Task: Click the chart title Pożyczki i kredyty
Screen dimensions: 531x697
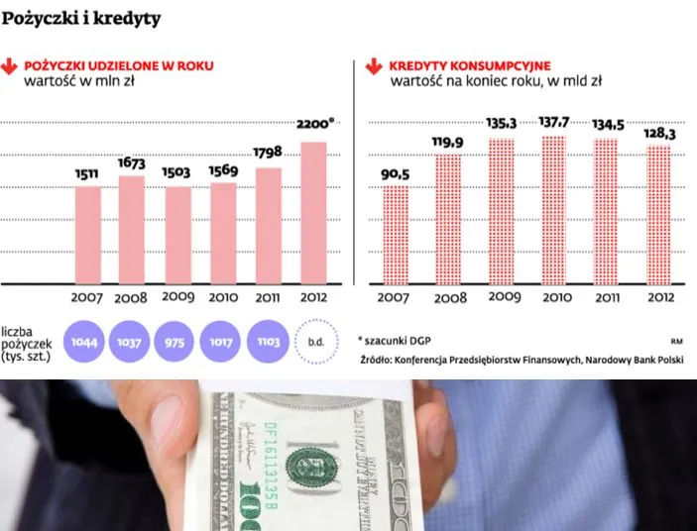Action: click(x=81, y=19)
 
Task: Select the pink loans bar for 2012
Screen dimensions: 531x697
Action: click(x=313, y=212)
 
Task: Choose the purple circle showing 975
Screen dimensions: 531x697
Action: click(x=176, y=343)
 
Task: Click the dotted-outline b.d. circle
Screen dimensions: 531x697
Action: click(x=316, y=343)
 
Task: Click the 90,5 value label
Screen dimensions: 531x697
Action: click(x=395, y=175)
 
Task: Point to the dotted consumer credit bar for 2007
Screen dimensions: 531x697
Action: click(x=396, y=235)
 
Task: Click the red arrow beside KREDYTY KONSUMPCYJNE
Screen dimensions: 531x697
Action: click(x=374, y=67)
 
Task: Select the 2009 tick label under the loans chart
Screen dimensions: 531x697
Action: click(x=178, y=297)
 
